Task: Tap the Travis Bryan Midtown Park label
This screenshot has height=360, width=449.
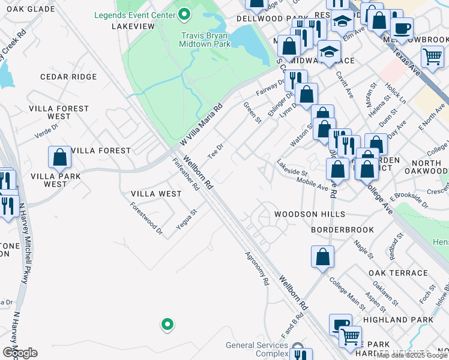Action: [206, 40]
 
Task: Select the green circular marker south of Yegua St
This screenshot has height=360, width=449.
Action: [167, 325]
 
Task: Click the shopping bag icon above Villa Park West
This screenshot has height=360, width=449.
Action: [60, 158]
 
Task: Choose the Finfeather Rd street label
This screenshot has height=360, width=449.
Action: [186, 175]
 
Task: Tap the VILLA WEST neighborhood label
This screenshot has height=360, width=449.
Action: [156, 194]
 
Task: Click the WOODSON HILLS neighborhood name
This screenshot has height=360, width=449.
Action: [309, 214]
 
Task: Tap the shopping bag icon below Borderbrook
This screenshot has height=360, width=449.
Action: [322, 257]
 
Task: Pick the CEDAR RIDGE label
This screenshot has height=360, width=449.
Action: [68, 77]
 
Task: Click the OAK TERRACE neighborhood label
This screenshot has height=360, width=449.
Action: [391, 273]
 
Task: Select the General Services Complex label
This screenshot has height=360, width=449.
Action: [257, 349]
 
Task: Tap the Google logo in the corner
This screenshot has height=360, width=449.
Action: [20, 352]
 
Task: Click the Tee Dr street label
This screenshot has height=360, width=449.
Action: [215, 150]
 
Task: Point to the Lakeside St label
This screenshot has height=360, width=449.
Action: [292, 168]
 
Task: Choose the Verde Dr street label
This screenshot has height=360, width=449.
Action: [46, 130]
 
